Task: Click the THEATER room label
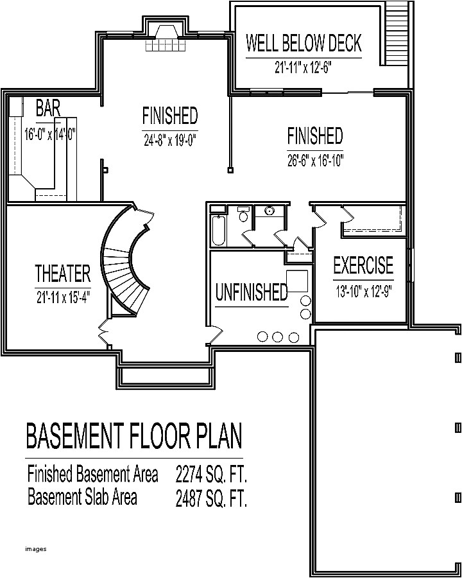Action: click(x=62, y=274)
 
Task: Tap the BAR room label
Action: click(x=48, y=108)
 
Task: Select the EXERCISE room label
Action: click(x=363, y=265)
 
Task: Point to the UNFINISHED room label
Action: click(x=251, y=293)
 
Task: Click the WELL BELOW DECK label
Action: click(x=304, y=44)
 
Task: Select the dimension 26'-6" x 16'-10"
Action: click(x=315, y=161)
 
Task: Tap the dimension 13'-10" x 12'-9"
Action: click(x=363, y=290)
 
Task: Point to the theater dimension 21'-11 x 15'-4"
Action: click(x=63, y=297)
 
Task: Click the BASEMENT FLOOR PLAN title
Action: click(x=134, y=436)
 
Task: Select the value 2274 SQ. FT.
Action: click(x=211, y=476)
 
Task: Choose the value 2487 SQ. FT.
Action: click(x=211, y=498)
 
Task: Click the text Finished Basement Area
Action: click(x=92, y=475)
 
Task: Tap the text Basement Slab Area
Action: click(x=81, y=497)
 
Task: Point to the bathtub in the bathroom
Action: click(x=218, y=231)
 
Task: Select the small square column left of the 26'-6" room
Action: click(x=230, y=170)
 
